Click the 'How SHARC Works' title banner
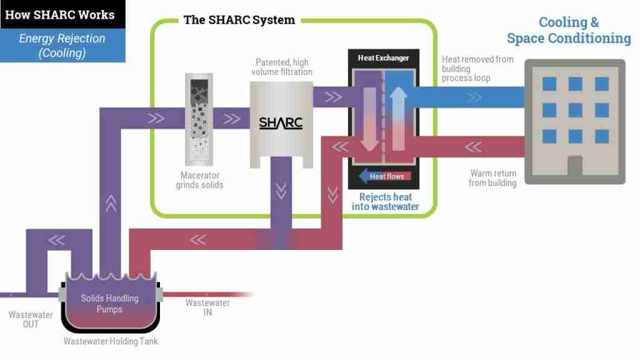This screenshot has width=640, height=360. click(x=60, y=14)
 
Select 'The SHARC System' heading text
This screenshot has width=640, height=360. click(x=239, y=19)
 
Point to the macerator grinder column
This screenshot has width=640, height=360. click(x=199, y=119)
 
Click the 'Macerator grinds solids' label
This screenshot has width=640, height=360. click(x=199, y=180)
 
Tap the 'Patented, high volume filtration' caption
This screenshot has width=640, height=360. click(x=281, y=67)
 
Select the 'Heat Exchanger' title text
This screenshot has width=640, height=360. click(x=383, y=58)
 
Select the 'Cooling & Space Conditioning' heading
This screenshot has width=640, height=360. click(x=569, y=30)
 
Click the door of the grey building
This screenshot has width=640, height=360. click(x=574, y=165)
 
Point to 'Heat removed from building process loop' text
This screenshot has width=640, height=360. click(x=477, y=68)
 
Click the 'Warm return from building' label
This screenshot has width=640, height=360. click(x=492, y=178)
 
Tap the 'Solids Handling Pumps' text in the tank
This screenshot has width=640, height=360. click(x=109, y=303)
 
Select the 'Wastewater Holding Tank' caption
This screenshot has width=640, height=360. click(x=111, y=341)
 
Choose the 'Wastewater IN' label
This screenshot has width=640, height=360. click(x=207, y=307)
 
